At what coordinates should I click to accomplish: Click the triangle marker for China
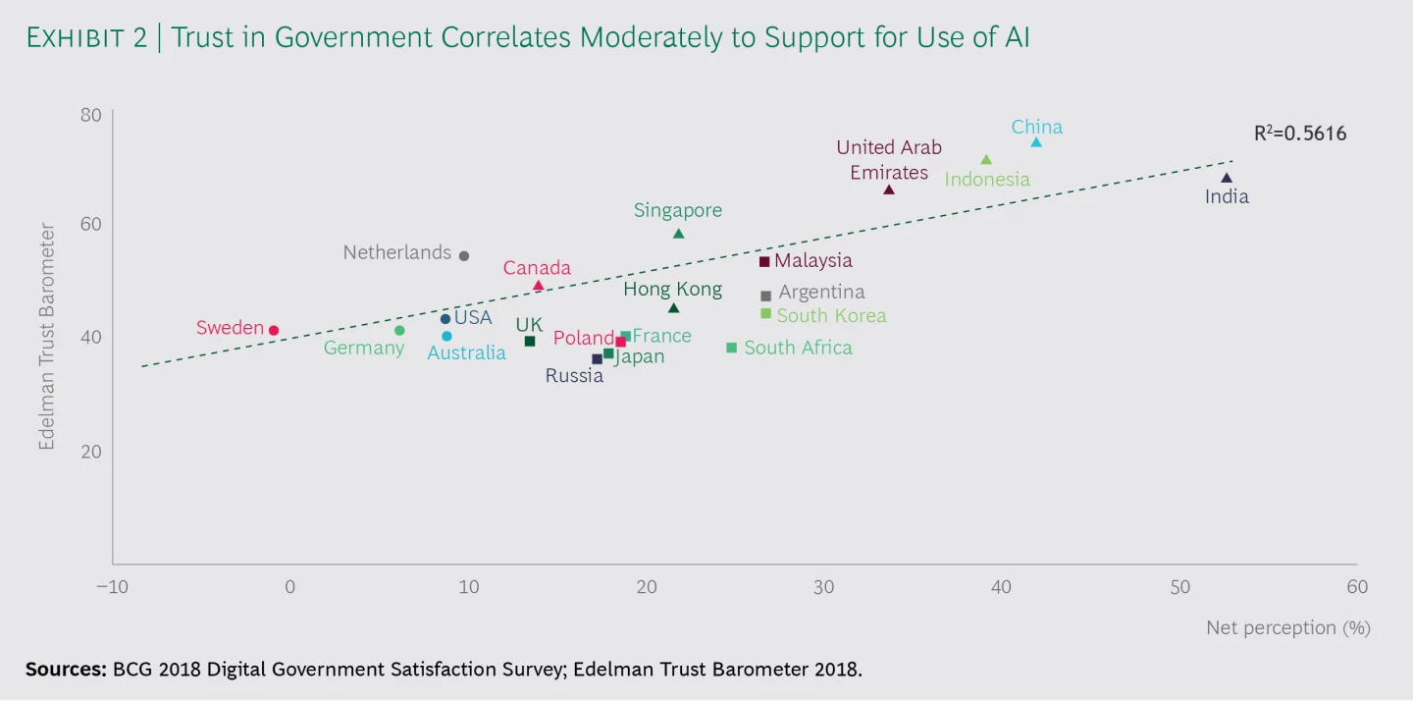(x=1036, y=142)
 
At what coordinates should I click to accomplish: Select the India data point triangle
(x=1227, y=178)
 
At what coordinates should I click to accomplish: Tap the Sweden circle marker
(x=274, y=330)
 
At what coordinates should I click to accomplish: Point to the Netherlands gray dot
(x=464, y=255)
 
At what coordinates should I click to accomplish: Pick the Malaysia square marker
(x=764, y=261)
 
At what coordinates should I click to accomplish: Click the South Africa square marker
(x=732, y=348)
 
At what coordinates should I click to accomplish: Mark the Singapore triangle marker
(x=679, y=234)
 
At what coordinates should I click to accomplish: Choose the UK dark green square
(x=530, y=342)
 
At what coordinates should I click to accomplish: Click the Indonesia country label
(x=987, y=180)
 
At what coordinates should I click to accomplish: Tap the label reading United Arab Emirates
(x=889, y=160)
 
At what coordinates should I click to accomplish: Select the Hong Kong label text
(x=672, y=290)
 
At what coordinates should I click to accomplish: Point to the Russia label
(x=574, y=376)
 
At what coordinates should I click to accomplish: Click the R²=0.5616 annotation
(x=1300, y=134)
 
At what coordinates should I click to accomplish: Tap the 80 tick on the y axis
(x=91, y=115)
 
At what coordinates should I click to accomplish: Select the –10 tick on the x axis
(x=112, y=587)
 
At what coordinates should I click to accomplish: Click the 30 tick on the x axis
(x=824, y=587)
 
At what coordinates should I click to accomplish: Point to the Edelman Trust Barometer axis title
(x=47, y=337)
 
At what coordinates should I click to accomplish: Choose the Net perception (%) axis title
(x=1288, y=627)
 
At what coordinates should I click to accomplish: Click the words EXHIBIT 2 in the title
(x=86, y=38)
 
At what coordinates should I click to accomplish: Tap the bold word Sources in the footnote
(x=67, y=669)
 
